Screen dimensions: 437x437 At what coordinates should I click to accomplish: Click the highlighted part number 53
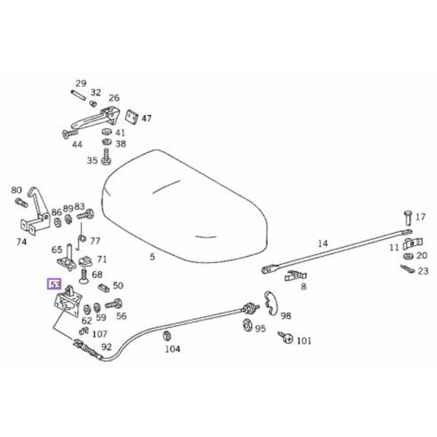55,284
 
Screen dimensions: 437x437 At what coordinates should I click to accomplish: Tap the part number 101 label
304,341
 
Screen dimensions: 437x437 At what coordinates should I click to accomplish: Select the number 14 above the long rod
323,243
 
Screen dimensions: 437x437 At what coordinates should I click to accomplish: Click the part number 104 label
172,349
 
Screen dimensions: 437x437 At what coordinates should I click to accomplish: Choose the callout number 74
21,242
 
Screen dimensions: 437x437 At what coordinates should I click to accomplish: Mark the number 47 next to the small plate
146,118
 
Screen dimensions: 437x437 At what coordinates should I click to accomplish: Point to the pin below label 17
408,217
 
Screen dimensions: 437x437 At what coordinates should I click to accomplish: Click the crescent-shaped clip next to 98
269,303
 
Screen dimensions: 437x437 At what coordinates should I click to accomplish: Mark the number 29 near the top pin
81,83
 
